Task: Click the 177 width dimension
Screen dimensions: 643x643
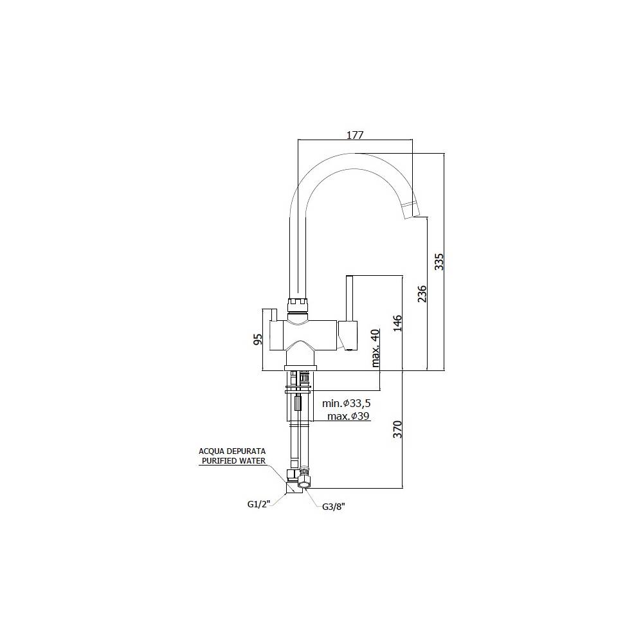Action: click(x=355, y=135)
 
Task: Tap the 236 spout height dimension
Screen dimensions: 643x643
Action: click(x=422, y=294)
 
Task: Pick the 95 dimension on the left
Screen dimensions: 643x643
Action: click(x=258, y=340)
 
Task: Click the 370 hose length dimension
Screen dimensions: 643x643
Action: click(x=397, y=429)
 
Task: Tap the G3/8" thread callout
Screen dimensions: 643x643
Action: click(x=334, y=507)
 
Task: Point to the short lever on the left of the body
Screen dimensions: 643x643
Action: click(x=273, y=314)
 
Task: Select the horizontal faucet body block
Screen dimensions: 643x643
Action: click(x=302, y=335)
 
